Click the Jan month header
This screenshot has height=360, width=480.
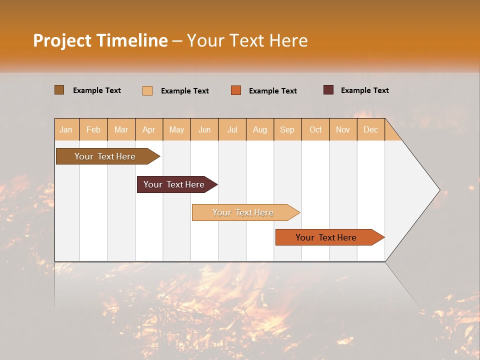[66, 129]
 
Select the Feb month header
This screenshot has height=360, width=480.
[93, 129]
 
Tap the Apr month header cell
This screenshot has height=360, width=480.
[149, 129]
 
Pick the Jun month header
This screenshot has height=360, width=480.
[204, 129]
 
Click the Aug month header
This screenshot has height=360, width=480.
[260, 129]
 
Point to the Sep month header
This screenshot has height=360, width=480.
[287, 129]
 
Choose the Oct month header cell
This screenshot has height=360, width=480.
[315, 129]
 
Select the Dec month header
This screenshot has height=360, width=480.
[371, 129]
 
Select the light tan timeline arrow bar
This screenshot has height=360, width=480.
[243, 212]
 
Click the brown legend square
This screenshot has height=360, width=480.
[59, 90]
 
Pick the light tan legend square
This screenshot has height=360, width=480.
[147, 90]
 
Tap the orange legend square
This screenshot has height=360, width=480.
[236, 90]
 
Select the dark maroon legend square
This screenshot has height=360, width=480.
[328, 90]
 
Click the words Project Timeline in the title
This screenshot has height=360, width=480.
[100, 40]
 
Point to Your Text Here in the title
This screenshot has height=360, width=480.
[247, 40]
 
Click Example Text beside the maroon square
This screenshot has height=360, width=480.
[364, 90]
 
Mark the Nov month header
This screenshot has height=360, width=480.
[343, 129]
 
